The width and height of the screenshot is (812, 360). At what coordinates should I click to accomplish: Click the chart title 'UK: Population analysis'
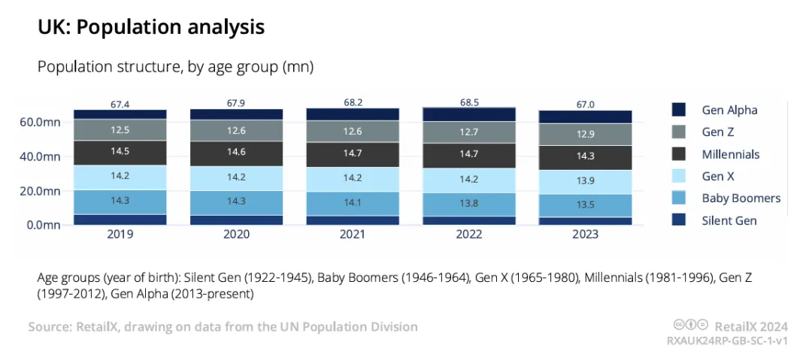(151, 28)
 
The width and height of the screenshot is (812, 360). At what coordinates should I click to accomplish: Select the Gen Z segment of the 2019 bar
(120, 130)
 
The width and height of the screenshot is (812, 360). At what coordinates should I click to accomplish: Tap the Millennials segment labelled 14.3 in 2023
(585, 158)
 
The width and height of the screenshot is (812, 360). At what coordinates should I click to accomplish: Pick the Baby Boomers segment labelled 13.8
(468, 204)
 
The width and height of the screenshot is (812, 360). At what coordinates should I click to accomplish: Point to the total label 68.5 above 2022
(468, 102)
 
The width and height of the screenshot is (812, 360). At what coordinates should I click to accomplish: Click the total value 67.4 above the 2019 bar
(120, 104)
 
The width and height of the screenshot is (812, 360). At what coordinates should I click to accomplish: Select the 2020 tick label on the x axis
(236, 234)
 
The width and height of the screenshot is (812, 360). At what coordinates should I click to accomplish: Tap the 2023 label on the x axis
(585, 234)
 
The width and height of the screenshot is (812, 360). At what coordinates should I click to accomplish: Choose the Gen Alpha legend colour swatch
(678, 110)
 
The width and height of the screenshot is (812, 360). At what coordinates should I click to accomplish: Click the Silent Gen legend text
(729, 221)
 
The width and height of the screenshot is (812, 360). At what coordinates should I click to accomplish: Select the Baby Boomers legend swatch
(678, 198)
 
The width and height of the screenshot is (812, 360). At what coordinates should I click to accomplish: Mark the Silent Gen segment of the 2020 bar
(236, 220)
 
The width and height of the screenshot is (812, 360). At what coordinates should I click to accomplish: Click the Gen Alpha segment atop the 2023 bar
(585, 117)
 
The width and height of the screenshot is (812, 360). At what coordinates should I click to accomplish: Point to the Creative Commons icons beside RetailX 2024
(691, 325)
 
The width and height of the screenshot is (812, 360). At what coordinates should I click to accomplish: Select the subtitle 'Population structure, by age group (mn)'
(175, 68)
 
